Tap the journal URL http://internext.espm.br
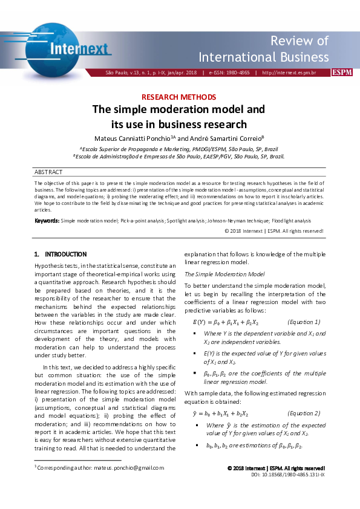(293, 73)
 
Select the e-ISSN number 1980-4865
(238, 73)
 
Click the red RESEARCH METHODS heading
(179, 97)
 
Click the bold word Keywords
(47, 221)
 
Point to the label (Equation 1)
(304, 322)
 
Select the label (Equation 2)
(304, 397)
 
